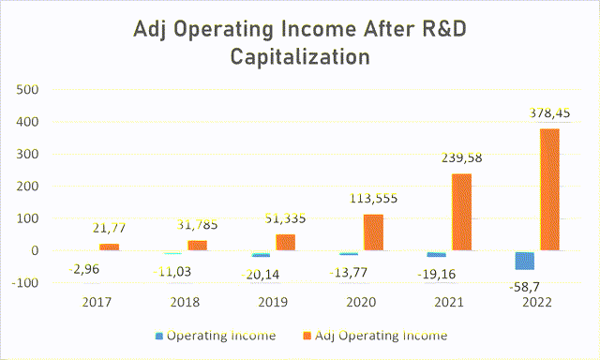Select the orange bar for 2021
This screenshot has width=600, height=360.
[x=462, y=212]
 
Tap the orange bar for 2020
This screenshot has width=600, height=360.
[x=374, y=232]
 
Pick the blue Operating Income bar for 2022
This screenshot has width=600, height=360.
[x=525, y=261]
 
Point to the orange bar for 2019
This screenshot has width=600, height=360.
[x=285, y=242]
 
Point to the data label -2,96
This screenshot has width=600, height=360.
[x=85, y=270]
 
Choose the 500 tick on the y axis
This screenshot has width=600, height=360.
[x=28, y=90]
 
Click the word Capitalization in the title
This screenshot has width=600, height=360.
[x=300, y=57]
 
